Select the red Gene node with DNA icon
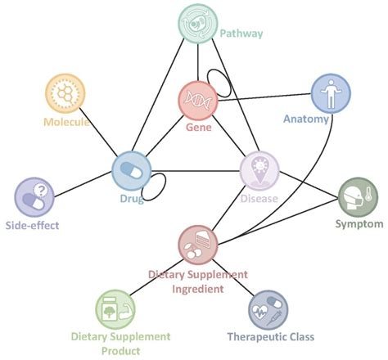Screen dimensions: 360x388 click(199, 101)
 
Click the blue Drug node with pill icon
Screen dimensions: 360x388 click(133, 170)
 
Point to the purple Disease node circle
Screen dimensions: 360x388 click(259, 171)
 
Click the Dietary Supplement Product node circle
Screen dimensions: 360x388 click(115, 309)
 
